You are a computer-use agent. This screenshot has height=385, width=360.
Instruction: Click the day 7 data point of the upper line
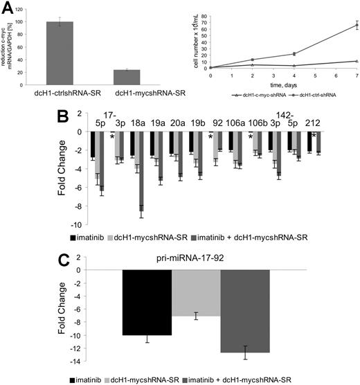click(337, 25)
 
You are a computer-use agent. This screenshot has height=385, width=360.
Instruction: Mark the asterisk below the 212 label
click(314, 135)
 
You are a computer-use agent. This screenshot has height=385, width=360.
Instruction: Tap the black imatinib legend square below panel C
click(73, 379)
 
